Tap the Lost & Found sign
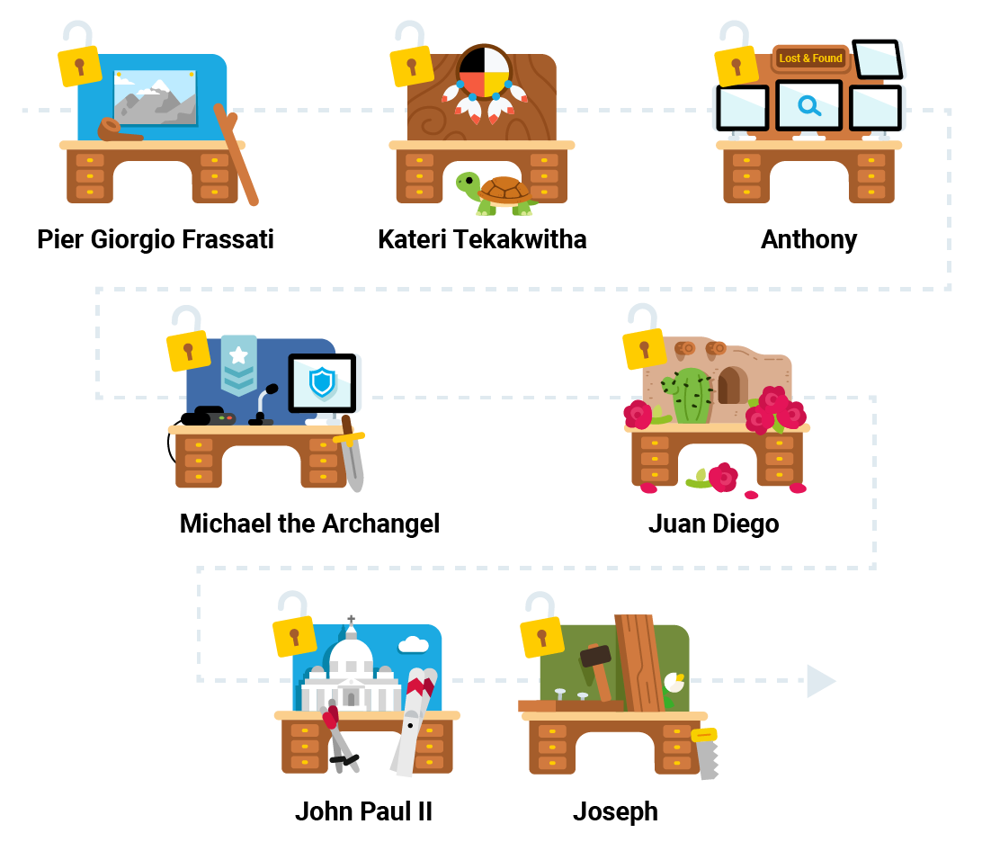point(810,58)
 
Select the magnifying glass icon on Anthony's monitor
point(809,107)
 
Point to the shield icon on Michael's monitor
point(321,382)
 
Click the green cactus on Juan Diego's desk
point(691,395)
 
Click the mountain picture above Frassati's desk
point(155,96)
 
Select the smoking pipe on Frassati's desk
point(117,131)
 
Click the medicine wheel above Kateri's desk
point(485,72)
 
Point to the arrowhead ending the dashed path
point(820,681)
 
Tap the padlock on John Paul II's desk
point(293,634)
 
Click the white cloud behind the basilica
point(413,644)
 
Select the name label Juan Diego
point(713,524)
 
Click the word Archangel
point(379,524)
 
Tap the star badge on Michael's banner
point(238,354)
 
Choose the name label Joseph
point(615,811)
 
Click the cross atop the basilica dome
point(351,620)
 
